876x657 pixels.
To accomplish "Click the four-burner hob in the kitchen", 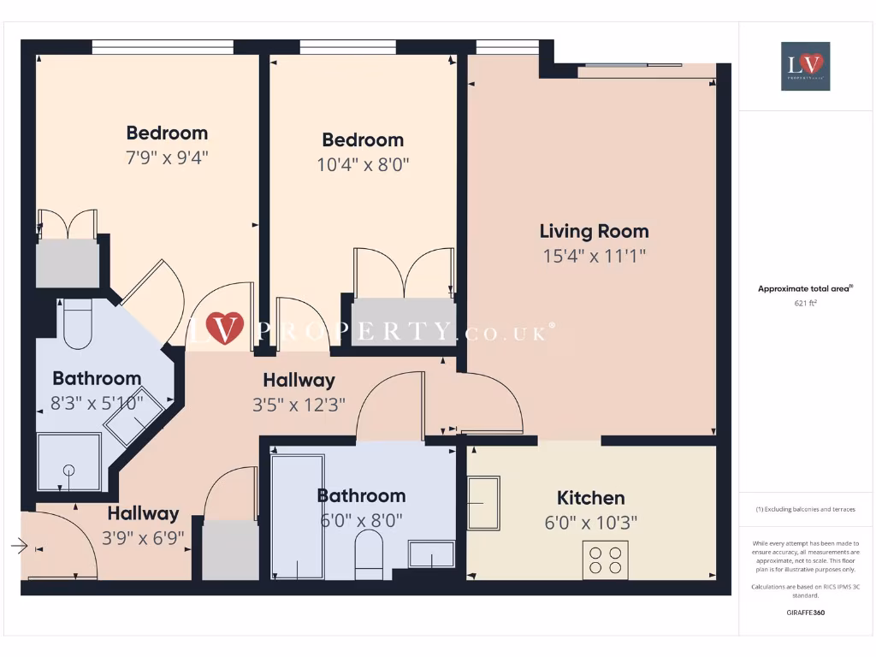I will pos(606,559).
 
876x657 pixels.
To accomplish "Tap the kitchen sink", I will pos(483,504).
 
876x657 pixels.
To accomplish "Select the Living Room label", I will pos(594,231).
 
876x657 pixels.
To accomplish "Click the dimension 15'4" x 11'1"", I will pos(594,255).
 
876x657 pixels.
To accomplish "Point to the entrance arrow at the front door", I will pos(20,545).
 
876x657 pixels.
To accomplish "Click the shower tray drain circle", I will pos(68,470).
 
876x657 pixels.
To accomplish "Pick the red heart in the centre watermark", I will pos(224,328).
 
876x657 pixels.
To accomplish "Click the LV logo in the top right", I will pos(805,66).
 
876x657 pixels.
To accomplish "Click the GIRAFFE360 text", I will pos(805,613).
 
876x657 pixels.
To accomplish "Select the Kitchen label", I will pos(590,498).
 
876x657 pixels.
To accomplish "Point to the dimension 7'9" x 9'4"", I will pos(167,157).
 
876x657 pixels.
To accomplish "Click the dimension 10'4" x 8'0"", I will pos(363,164).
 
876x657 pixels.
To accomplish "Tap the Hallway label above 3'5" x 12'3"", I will pos(299,380).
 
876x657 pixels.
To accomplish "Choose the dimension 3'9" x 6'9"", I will pos(143,538).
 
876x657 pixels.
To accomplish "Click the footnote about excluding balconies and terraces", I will pos(805,509).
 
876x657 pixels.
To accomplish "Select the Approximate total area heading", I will pos(804,289).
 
